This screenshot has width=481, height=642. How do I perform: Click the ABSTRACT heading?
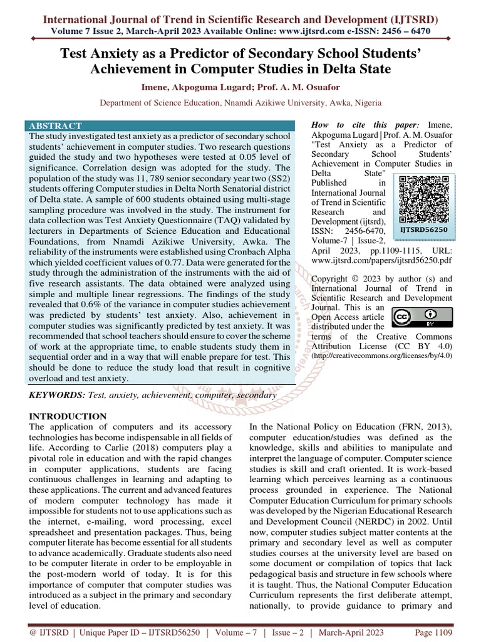pyautogui.click(x=56, y=126)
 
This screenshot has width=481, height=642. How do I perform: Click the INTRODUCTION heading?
pyautogui.click(x=69, y=416)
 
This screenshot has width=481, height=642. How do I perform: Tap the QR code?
pyautogui.click(x=424, y=199)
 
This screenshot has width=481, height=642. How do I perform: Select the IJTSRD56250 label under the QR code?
pyautogui.click(x=424, y=230)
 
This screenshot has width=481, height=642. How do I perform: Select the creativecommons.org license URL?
pyautogui.click(x=381, y=357)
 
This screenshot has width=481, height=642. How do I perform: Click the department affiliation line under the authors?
pyautogui.click(x=240, y=103)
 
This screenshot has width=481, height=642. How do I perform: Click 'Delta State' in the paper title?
pyautogui.click(x=356, y=69)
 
